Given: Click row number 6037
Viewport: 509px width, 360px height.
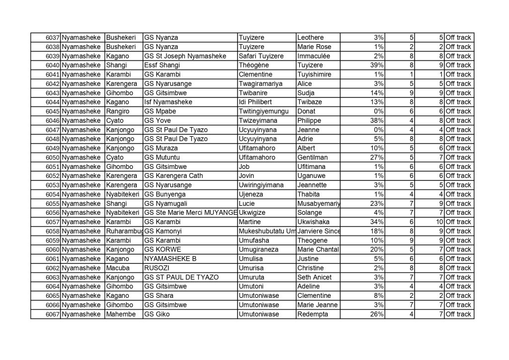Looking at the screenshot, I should pos(52,37).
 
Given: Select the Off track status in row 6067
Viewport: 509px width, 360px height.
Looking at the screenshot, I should pos(458,314).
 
